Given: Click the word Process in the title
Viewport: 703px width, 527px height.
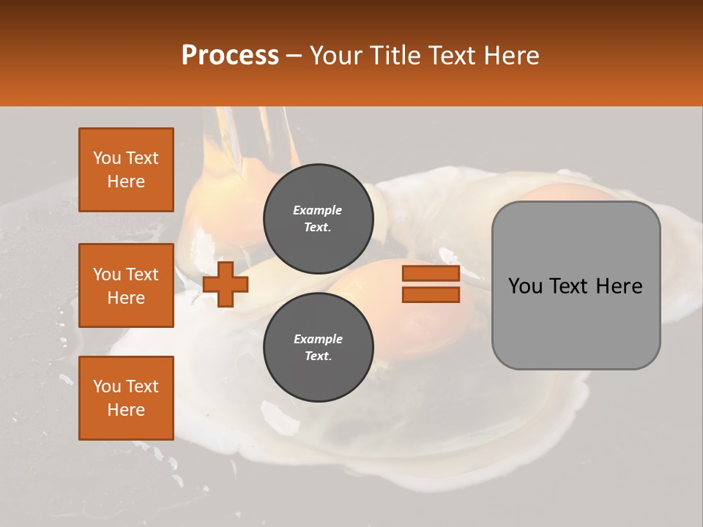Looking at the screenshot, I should click(230, 56).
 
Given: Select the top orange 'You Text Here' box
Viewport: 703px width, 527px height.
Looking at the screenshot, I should click(126, 170).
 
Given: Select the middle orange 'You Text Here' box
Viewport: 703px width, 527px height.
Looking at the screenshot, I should click(126, 285).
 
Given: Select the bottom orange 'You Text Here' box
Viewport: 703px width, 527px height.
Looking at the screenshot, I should click(126, 398).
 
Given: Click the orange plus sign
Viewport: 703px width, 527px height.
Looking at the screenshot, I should click(226, 284).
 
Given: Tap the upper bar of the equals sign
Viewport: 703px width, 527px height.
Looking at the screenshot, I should click(431, 274).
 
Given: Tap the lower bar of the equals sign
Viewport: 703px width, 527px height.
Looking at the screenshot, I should click(431, 295).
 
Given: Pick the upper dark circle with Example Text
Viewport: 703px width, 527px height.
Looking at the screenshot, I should click(318, 218).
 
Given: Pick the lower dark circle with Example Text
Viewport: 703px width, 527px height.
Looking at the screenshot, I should click(318, 347).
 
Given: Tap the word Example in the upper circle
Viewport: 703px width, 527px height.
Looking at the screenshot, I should click(318, 210).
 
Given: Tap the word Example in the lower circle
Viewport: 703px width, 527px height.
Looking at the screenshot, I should click(318, 339).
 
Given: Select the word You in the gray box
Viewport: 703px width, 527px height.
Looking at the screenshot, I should click(525, 286).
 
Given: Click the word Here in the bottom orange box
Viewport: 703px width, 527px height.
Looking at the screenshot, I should click(126, 410).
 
